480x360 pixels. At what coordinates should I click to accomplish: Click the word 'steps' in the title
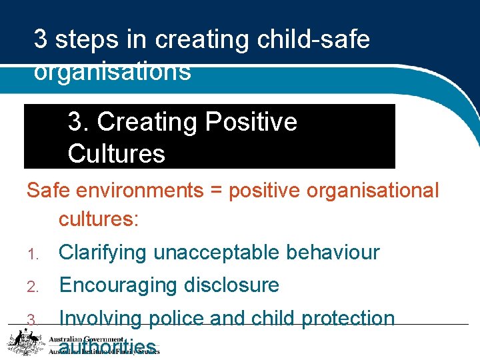click(x=84, y=40)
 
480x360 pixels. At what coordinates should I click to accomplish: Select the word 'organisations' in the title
click(x=113, y=71)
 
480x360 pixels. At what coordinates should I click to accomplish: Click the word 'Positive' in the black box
click(x=251, y=122)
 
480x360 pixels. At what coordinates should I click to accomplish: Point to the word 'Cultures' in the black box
click(x=116, y=153)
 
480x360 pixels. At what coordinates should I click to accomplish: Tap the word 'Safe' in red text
click(x=49, y=190)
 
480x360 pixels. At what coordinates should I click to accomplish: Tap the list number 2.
click(x=31, y=286)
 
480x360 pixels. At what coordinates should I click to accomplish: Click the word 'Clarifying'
click(x=103, y=253)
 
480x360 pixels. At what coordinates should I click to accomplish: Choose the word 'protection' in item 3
click(x=348, y=318)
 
